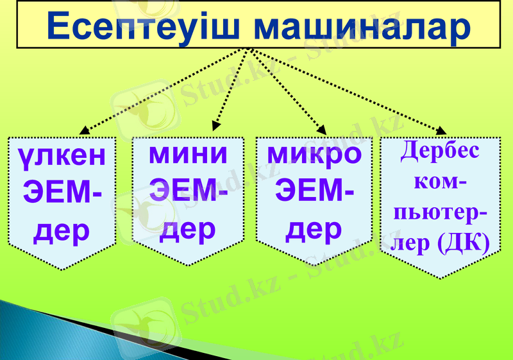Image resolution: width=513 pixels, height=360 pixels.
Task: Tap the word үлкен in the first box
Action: [61, 155]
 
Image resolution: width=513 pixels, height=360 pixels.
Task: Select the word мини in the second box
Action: [188, 154]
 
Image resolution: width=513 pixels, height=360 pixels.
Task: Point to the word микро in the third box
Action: [314, 154]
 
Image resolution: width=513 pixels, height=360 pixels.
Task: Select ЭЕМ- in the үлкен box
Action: [61, 191]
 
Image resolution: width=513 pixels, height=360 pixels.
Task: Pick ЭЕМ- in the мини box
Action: [188, 191]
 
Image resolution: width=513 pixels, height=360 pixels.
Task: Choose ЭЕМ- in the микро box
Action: [314, 191]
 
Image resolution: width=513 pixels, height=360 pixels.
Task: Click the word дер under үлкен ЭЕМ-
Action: [61, 230]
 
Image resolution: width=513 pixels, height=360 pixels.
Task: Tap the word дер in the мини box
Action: [188, 229]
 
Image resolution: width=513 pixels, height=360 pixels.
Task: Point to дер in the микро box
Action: [314, 229]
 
